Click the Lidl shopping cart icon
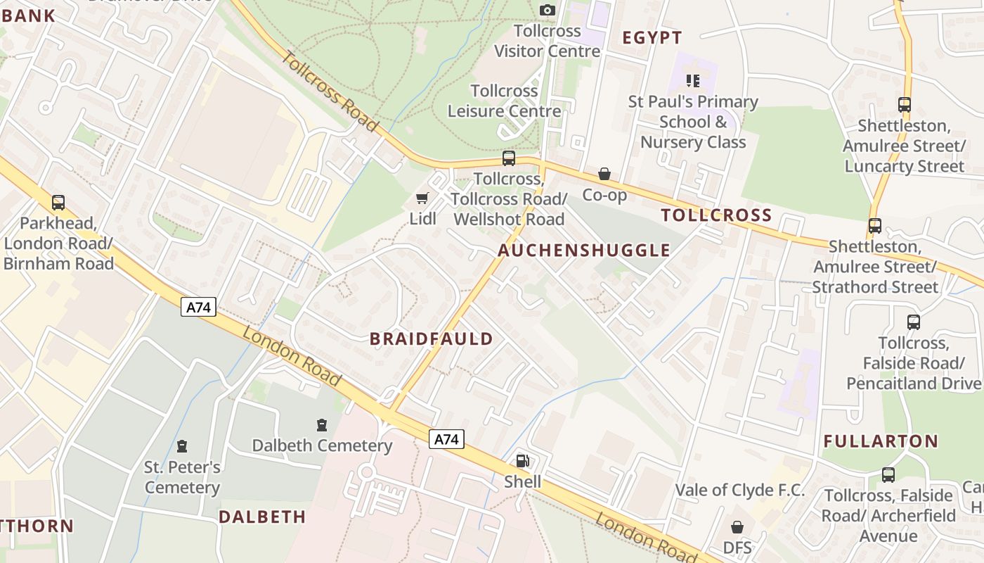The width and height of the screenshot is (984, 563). point(422,198)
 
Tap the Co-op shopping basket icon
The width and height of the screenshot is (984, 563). point(604,174)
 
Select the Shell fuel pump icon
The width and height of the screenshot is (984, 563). point(522,461)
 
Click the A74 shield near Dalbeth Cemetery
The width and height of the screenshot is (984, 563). point(446,440)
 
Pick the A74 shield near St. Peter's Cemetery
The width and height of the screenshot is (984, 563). point(198,307)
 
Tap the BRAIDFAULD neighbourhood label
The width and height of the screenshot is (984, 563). point(432,339)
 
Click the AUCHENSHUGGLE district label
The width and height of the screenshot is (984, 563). point(584,250)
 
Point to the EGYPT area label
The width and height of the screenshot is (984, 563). point(652,38)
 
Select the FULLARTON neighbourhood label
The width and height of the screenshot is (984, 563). point(881,441)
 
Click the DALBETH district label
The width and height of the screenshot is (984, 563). point(262,517)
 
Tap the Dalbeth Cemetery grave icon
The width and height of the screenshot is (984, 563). point(322,425)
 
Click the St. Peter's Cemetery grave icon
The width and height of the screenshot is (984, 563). point(182,446)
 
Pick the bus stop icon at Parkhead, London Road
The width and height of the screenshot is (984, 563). point(58,203)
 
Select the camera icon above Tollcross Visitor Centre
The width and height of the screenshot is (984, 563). point(547,10)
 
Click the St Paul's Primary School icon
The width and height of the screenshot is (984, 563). point(693,81)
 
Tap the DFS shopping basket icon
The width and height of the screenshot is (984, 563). point(737,527)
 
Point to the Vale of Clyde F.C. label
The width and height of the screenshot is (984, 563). point(739,490)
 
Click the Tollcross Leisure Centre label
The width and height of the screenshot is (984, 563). point(504,101)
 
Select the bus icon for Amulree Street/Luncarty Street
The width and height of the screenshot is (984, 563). point(904,106)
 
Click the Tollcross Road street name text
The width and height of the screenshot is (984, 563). point(329,90)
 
